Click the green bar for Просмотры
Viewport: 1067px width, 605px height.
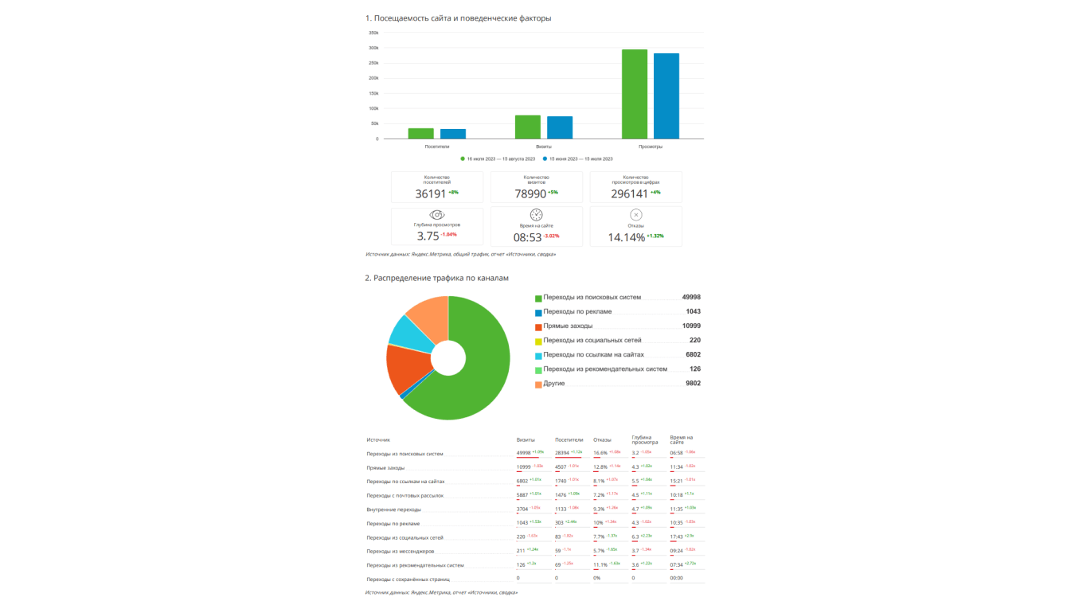click(x=635, y=94)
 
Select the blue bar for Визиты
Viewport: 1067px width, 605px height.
click(x=560, y=127)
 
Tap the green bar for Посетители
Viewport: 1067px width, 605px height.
click(x=421, y=134)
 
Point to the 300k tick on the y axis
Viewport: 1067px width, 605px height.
click(x=373, y=48)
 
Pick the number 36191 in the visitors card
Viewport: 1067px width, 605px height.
click(x=431, y=193)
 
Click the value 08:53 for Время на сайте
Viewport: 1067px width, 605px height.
click(x=528, y=237)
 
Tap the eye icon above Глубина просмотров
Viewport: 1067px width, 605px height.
click(x=437, y=215)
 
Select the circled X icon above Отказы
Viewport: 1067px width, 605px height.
click(x=635, y=215)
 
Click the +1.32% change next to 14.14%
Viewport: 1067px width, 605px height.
click(x=655, y=236)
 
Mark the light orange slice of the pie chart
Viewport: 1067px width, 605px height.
click(x=428, y=314)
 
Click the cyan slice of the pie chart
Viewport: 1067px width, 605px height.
click(x=407, y=334)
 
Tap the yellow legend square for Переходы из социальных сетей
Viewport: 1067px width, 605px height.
click(x=538, y=341)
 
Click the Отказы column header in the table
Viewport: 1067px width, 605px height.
click(x=602, y=439)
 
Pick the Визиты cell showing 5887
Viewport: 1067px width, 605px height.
click(x=523, y=495)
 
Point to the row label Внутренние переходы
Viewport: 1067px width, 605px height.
click(x=393, y=509)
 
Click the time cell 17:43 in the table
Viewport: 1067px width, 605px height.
click(x=677, y=537)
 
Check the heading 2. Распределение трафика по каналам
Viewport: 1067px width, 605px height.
click(x=436, y=279)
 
